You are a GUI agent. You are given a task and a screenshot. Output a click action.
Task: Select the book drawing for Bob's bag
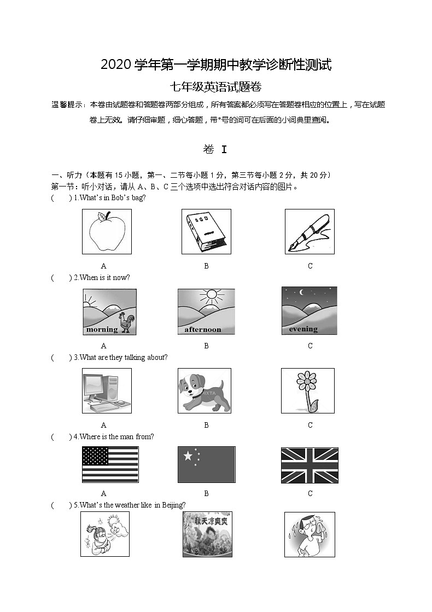coord(206,232)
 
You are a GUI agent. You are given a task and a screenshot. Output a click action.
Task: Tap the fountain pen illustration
coord(309,232)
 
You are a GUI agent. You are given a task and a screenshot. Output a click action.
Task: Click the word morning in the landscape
coord(102,329)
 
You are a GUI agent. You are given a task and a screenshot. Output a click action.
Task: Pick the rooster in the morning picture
coord(127,323)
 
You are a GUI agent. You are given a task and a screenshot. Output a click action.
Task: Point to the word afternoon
coord(203,329)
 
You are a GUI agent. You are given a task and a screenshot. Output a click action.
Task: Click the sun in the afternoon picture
coord(212,298)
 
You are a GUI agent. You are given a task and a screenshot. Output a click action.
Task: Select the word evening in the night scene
coord(303,329)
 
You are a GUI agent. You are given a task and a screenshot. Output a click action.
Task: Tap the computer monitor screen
coord(96,386)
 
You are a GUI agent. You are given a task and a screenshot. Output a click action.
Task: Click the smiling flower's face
coord(307,378)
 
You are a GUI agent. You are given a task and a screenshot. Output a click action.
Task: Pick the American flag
coord(110,464)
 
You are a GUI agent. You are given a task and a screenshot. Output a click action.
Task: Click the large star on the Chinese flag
coord(189,456)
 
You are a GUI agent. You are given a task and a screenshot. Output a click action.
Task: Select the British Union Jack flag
coord(310,465)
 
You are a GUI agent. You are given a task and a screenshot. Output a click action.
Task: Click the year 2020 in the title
coord(115,65)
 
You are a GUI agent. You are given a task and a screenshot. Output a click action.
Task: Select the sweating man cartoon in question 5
coord(310,534)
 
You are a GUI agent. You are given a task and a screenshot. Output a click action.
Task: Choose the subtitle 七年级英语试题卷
coord(216,86)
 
